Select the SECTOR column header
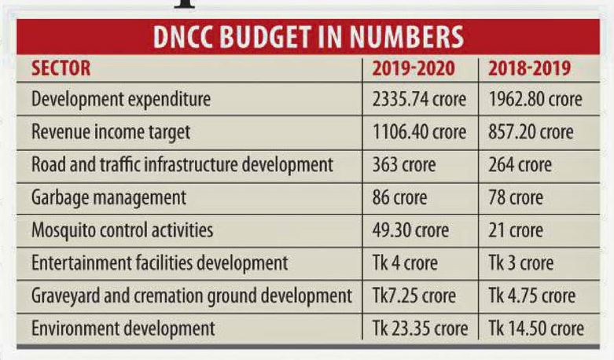tap(61, 68)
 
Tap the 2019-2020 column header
tap(413, 68)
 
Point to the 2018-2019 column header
tap(529, 68)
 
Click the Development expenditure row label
tap(121, 100)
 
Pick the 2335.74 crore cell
tap(419, 100)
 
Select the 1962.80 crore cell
tap(535, 100)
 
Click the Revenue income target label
tap(111, 133)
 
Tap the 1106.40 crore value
tap(418, 133)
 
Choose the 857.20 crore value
tap(531, 133)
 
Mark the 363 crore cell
tap(403, 166)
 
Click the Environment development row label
tap(123, 328)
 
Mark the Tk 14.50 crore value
tap(536, 328)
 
